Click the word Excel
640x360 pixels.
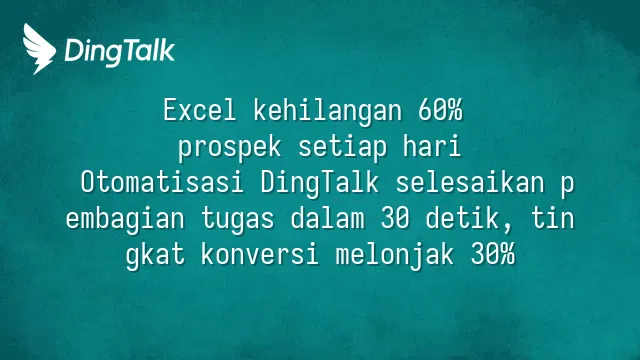coord(200,110)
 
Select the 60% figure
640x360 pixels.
coord(440,110)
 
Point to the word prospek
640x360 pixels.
coord(230,148)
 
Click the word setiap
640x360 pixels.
coord(342,148)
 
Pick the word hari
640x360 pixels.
coord(432,146)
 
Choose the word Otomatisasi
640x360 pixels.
coord(162,182)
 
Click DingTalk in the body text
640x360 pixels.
coord(320,184)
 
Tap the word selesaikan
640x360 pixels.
coord(470,182)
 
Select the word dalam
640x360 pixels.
coord(327,218)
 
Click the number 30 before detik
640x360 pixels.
coord(395,218)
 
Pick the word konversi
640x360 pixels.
coord(260,254)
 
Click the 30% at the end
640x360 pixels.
coord(493,254)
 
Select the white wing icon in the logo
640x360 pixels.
coord(39,49)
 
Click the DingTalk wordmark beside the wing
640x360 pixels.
coord(120,51)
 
